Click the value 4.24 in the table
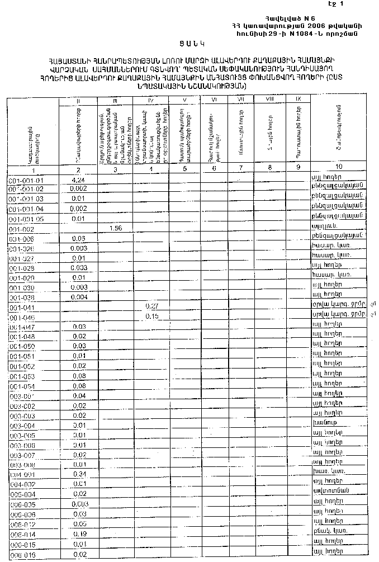[78, 180]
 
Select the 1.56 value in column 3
[116, 228]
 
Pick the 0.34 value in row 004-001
[78, 474]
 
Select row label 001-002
[21, 229]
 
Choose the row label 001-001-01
[26, 181]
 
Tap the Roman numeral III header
[115, 101]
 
